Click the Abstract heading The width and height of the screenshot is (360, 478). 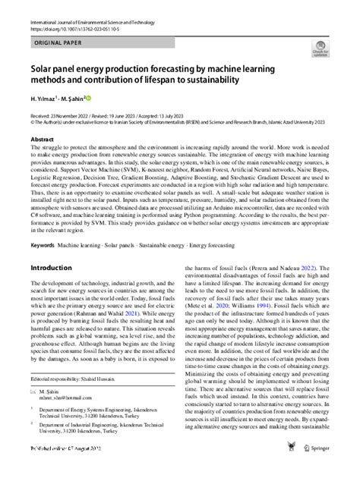42,140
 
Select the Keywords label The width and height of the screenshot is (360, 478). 43,266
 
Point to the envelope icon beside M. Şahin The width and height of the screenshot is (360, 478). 33,411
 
